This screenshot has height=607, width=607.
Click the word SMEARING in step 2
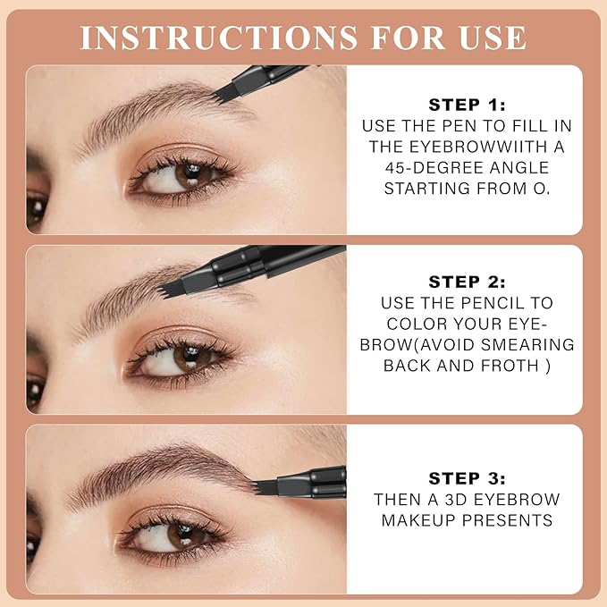pos(533,344)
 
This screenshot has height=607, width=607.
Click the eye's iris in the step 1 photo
pos(189,174)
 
